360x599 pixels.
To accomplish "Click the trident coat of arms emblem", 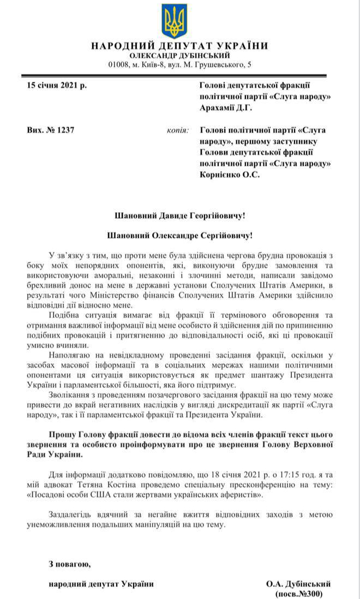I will [174, 21].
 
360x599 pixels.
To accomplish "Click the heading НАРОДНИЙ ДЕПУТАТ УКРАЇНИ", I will [179, 46].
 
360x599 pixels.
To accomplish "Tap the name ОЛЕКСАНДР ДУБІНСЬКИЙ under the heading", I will [179, 56].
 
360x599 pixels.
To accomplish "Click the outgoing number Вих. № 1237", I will [50, 130].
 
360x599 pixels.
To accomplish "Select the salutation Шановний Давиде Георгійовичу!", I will [179, 216].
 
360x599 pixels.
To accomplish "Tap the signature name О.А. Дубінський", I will [298, 584].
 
